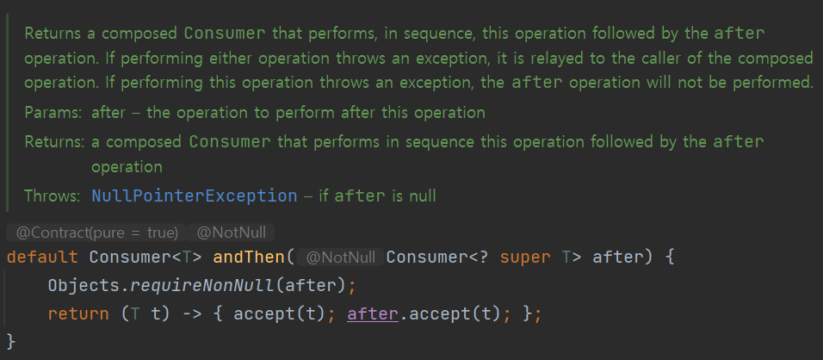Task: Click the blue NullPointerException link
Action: point(194,196)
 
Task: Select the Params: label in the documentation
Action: point(53,113)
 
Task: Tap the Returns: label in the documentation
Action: point(54,140)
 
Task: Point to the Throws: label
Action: point(53,196)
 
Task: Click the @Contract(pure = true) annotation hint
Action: point(96,232)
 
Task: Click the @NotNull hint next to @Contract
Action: point(232,232)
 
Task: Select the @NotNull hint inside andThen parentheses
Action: point(342,258)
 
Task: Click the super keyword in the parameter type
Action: point(520,258)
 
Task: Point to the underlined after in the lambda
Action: point(372,314)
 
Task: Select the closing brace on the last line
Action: point(11,341)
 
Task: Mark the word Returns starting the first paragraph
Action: point(52,34)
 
